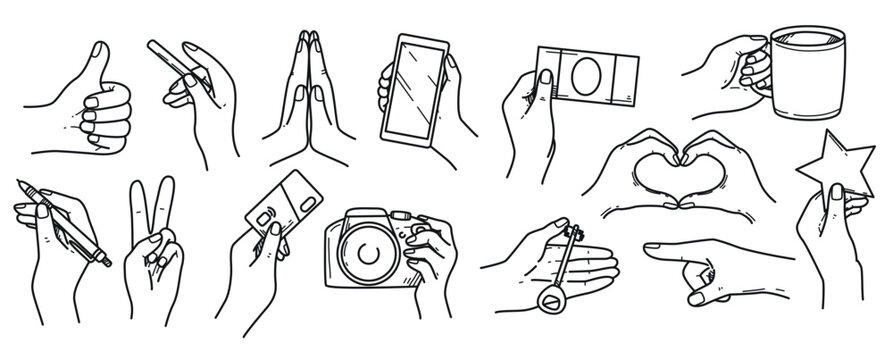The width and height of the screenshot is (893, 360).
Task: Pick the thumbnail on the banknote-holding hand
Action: pyautogui.click(x=546, y=78)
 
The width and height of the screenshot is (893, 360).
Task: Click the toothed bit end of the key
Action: pyautogui.click(x=575, y=233)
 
